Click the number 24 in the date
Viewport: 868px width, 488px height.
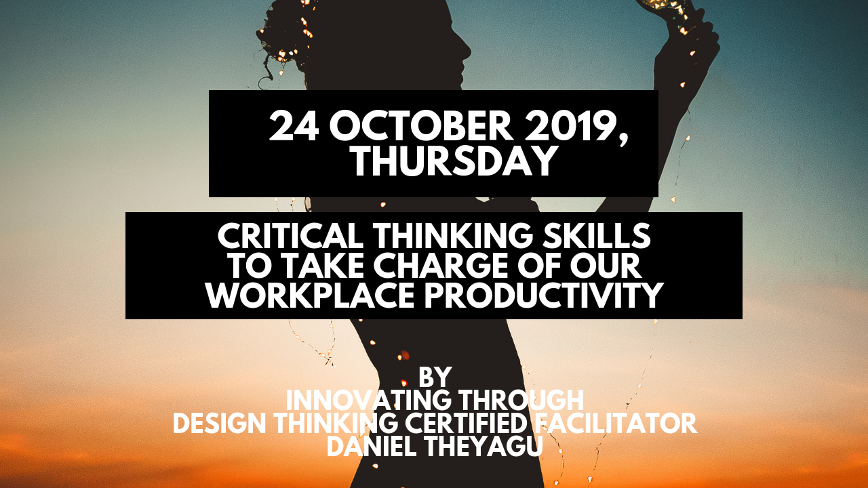tap(294, 126)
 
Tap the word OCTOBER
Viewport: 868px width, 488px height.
tap(422, 126)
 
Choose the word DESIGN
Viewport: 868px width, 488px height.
tap(219, 424)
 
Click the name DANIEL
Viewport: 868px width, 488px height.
tap(372, 447)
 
